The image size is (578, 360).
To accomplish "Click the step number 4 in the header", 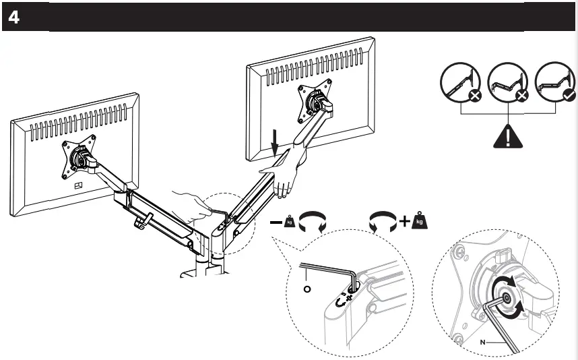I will click(x=14, y=18).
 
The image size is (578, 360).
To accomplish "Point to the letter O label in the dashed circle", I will click(x=307, y=290).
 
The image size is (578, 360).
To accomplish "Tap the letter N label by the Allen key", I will click(x=483, y=342).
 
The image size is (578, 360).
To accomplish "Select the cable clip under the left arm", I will click(x=143, y=222).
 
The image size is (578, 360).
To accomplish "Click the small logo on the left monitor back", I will click(x=77, y=186).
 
